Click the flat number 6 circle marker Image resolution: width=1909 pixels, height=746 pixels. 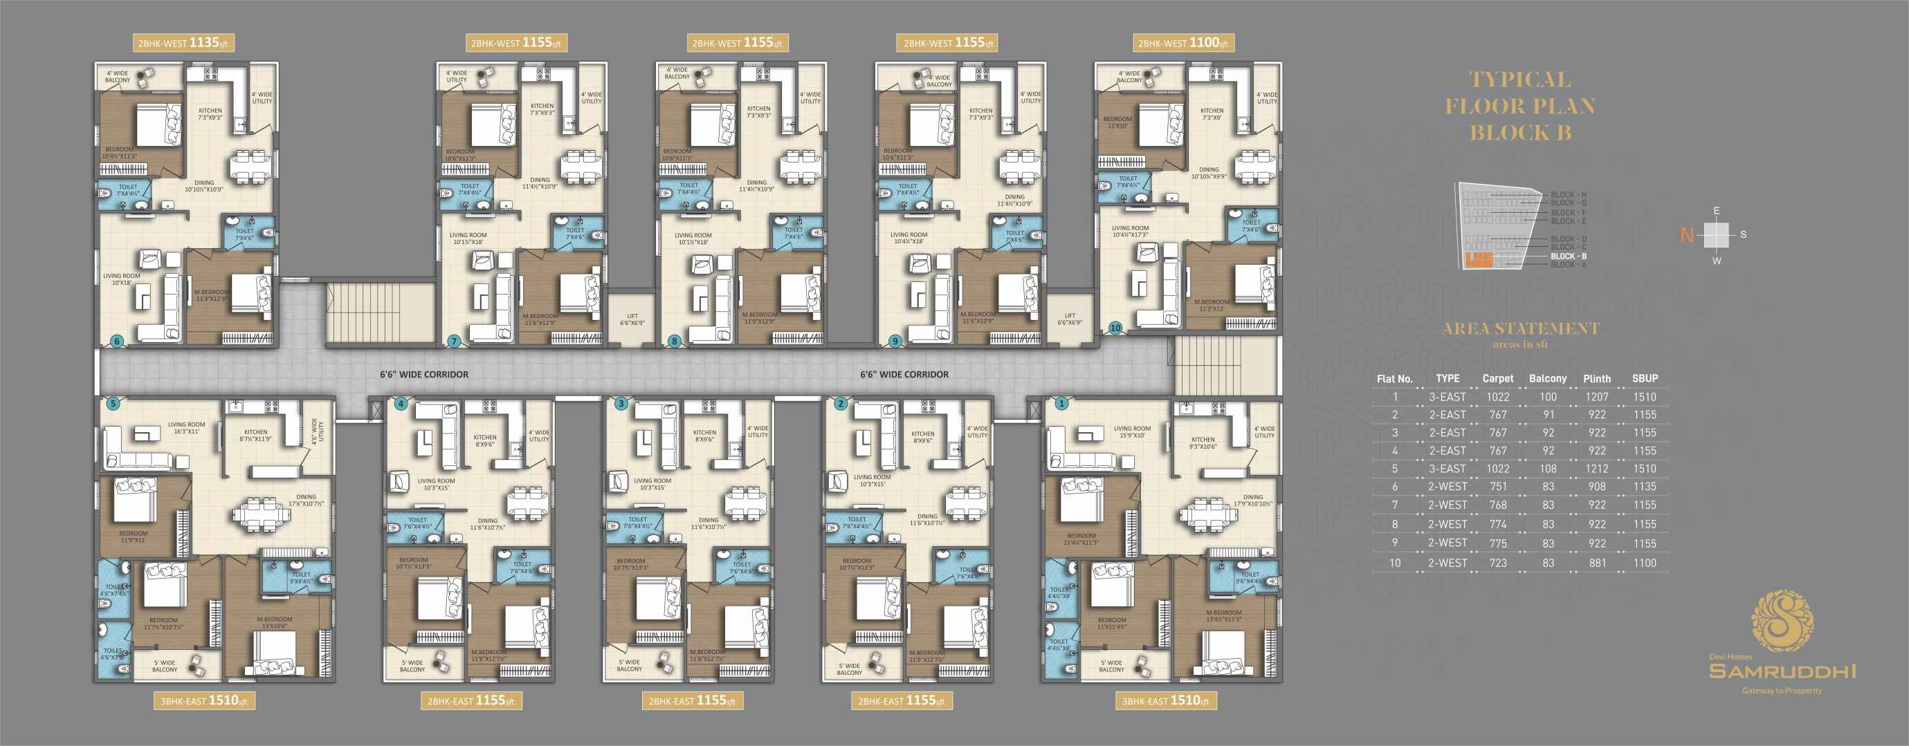click(x=116, y=341)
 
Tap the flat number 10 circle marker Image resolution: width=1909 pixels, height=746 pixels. click(x=1115, y=328)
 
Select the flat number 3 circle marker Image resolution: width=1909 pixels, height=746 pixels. click(x=621, y=404)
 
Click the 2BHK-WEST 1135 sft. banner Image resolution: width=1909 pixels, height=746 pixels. click(x=184, y=43)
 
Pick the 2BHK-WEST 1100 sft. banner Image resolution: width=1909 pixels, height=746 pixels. click(x=1183, y=43)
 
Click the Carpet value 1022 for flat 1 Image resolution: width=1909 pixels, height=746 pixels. click(x=1498, y=397)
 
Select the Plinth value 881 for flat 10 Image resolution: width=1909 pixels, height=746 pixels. click(x=1597, y=563)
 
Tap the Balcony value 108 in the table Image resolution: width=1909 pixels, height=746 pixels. click(x=1548, y=469)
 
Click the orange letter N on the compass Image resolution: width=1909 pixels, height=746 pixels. click(x=1688, y=236)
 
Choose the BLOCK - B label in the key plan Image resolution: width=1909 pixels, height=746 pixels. click(x=1568, y=257)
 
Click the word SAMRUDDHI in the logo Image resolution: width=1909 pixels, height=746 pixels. click(x=1782, y=671)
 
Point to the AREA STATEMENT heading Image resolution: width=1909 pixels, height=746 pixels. click(x=1521, y=329)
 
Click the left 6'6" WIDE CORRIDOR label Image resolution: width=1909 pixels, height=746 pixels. click(x=424, y=375)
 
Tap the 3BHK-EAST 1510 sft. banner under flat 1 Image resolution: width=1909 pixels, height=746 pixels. click(x=1166, y=701)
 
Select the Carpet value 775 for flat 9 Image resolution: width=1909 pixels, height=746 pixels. click(x=1498, y=543)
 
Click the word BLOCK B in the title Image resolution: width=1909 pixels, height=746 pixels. click(x=1520, y=133)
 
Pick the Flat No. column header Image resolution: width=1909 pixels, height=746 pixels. click(x=1395, y=379)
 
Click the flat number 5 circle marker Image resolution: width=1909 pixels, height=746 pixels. click(x=113, y=404)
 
